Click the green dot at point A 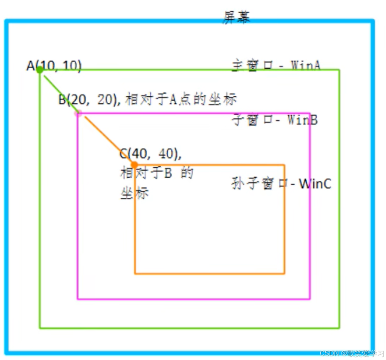pyautogui.click(x=40, y=70)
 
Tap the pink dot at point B pyautogui.click(x=77, y=113)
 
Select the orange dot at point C pyautogui.click(x=134, y=164)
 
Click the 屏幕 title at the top pyautogui.click(x=236, y=17)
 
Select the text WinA pyautogui.click(x=306, y=65)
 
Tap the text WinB pyautogui.click(x=302, y=120)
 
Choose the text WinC pyautogui.click(x=315, y=184)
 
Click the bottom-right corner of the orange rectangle pyautogui.click(x=285, y=273)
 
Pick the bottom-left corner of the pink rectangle pyautogui.click(x=78, y=298)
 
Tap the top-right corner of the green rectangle pyautogui.click(x=339, y=70)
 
